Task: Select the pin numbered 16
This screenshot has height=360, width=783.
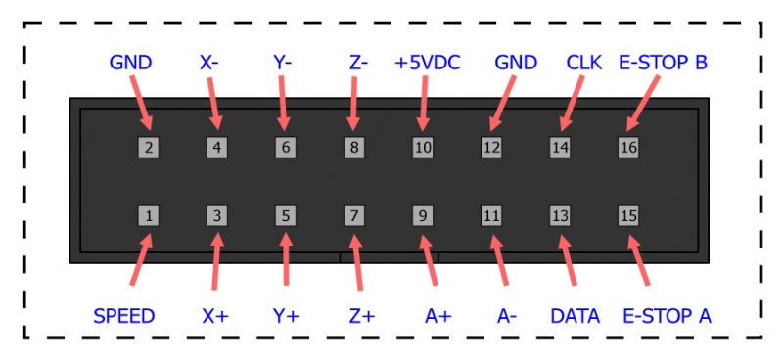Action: tap(628, 148)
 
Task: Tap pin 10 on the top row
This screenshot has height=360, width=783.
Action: tap(423, 148)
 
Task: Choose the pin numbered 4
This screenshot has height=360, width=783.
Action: tap(216, 148)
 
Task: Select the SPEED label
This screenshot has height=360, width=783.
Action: tap(123, 316)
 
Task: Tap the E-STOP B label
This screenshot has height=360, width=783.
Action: tap(663, 64)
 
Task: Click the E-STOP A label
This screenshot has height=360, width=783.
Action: tap(667, 316)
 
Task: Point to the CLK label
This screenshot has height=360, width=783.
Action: tap(583, 64)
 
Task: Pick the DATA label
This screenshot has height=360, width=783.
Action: tap(575, 316)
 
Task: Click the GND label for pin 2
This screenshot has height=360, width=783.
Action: tap(130, 64)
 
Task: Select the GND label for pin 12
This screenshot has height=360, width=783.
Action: tap(516, 64)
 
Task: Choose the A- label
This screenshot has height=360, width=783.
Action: tap(506, 316)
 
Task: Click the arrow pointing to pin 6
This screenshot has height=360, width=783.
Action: tap(283, 103)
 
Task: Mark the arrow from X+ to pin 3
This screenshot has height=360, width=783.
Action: tap(215, 262)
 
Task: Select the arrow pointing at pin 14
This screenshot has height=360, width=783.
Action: tap(573, 103)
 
